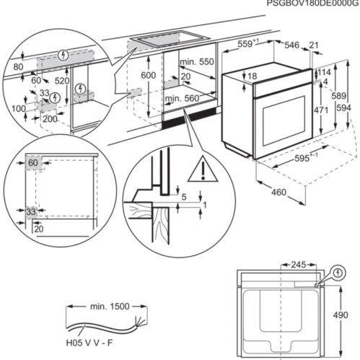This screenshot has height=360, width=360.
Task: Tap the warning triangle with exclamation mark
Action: click(x=203, y=171)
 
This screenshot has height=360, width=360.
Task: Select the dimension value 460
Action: click(x=278, y=192)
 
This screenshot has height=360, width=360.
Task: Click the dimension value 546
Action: click(x=291, y=45)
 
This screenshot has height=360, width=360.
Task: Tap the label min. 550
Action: click(x=197, y=63)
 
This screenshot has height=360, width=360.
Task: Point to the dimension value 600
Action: click(x=148, y=75)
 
